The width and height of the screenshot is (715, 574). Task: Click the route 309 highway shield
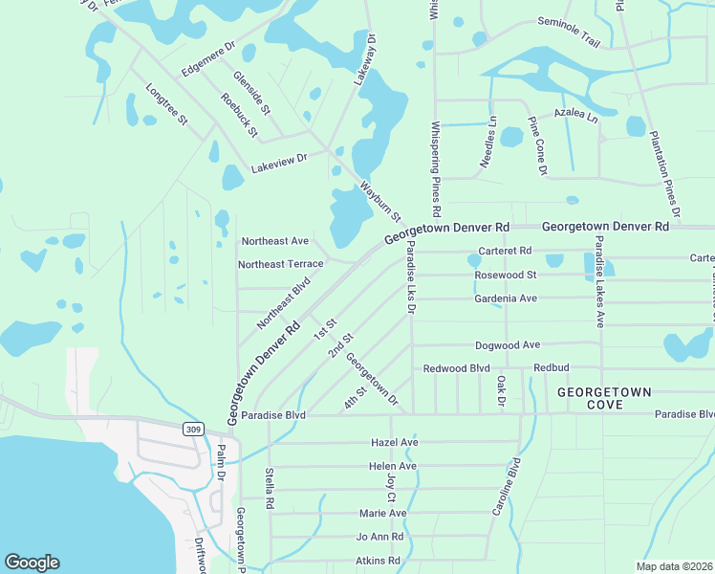(x=193, y=430)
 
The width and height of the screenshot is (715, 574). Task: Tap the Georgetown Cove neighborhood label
(x=604, y=399)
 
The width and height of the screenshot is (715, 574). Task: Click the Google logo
(x=32, y=563)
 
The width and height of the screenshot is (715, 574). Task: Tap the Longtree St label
(x=167, y=106)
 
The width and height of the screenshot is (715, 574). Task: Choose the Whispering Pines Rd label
(x=436, y=168)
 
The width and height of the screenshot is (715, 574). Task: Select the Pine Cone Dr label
(x=537, y=146)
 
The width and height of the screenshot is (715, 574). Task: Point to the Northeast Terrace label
(x=281, y=264)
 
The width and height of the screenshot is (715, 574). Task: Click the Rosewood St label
(x=506, y=276)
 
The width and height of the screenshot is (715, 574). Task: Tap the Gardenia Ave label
(x=506, y=298)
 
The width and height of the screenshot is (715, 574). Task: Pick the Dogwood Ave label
(x=508, y=344)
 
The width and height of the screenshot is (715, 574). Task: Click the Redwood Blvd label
(x=457, y=368)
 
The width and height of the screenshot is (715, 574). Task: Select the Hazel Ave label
(x=395, y=443)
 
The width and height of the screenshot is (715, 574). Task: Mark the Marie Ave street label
(x=383, y=514)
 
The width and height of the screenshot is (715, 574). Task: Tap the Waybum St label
(x=380, y=203)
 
